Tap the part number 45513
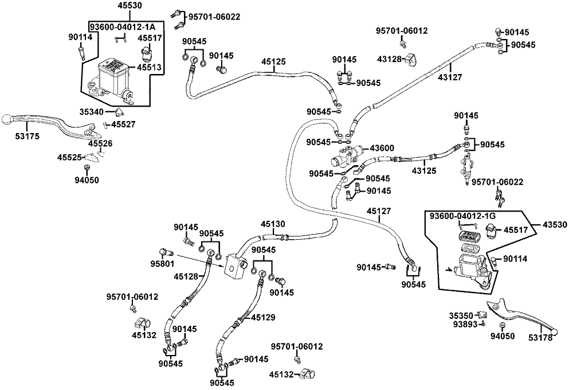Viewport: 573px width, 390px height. tap(149, 67)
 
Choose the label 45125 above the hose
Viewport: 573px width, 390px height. tap(274, 61)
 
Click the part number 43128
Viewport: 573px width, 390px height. tap(389, 59)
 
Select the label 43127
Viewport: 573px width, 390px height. tap(450, 77)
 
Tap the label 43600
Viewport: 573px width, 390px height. tap(382, 148)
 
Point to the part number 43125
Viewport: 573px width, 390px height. tap(425, 170)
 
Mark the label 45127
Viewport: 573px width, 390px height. tap(379, 211)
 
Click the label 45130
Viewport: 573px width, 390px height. tap(273, 224)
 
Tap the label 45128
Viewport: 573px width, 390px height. tap(186, 276)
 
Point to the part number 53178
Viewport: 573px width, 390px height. tap(541, 338)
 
